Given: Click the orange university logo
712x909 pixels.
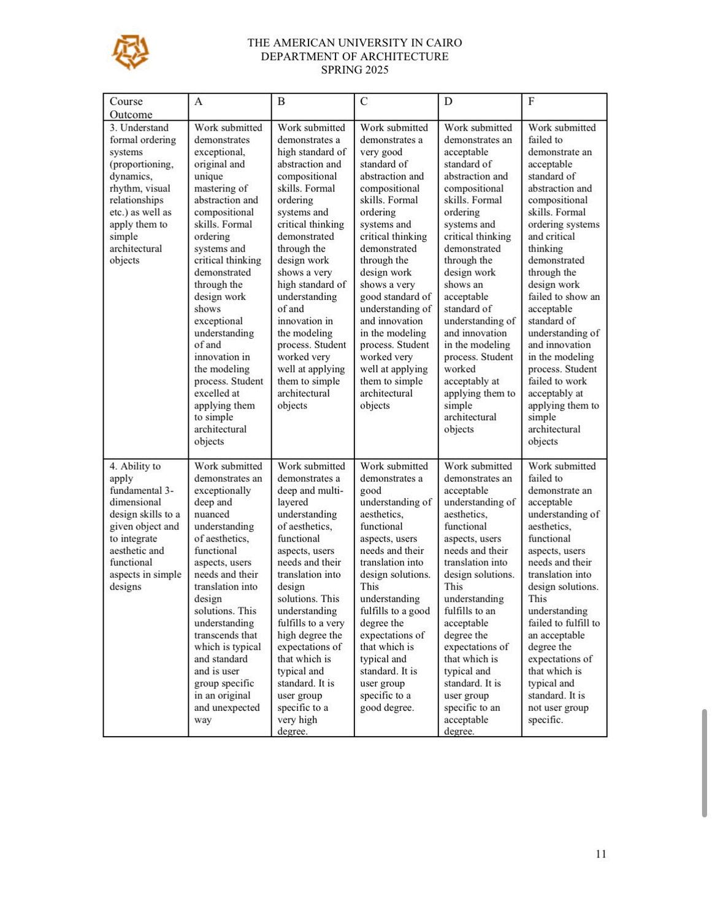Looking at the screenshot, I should (x=130, y=52).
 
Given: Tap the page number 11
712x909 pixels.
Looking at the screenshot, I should (x=601, y=854).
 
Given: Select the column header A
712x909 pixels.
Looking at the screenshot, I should (x=199, y=102).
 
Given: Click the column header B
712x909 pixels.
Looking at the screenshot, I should (x=281, y=102).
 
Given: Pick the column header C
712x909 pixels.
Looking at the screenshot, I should (x=364, y=102).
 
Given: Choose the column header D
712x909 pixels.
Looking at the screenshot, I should (x=448, y=102).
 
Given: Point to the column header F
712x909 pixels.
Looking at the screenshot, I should (x=531, y=102).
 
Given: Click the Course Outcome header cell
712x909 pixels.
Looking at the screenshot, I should (x=131, y=108).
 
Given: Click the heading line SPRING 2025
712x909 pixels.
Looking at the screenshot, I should (x=354, y=70).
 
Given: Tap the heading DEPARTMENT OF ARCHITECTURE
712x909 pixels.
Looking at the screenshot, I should (x=354, y=56).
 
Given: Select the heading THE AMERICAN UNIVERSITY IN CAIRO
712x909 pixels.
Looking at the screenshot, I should (x=354, y=43).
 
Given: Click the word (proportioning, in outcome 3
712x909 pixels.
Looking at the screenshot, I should (x=142, y=164).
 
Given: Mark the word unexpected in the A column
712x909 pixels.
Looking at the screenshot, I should (x=235, y=708).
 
